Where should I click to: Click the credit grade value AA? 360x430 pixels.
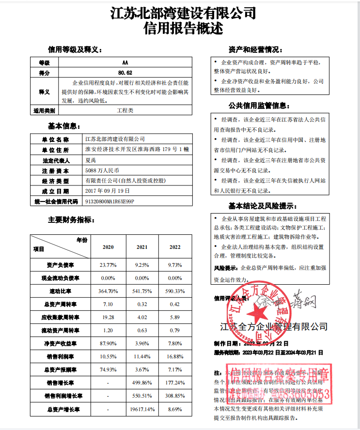pos(125,63)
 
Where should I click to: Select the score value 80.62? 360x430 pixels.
pos(125,73)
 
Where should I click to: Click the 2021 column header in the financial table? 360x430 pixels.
pos(142,247)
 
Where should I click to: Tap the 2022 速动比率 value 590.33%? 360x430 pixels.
pos(175,292)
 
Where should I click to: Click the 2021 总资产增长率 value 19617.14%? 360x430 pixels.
pos(142,410)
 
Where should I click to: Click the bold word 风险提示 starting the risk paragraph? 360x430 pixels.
pos(226,268)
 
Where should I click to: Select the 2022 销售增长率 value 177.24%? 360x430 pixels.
pos(175,383)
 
